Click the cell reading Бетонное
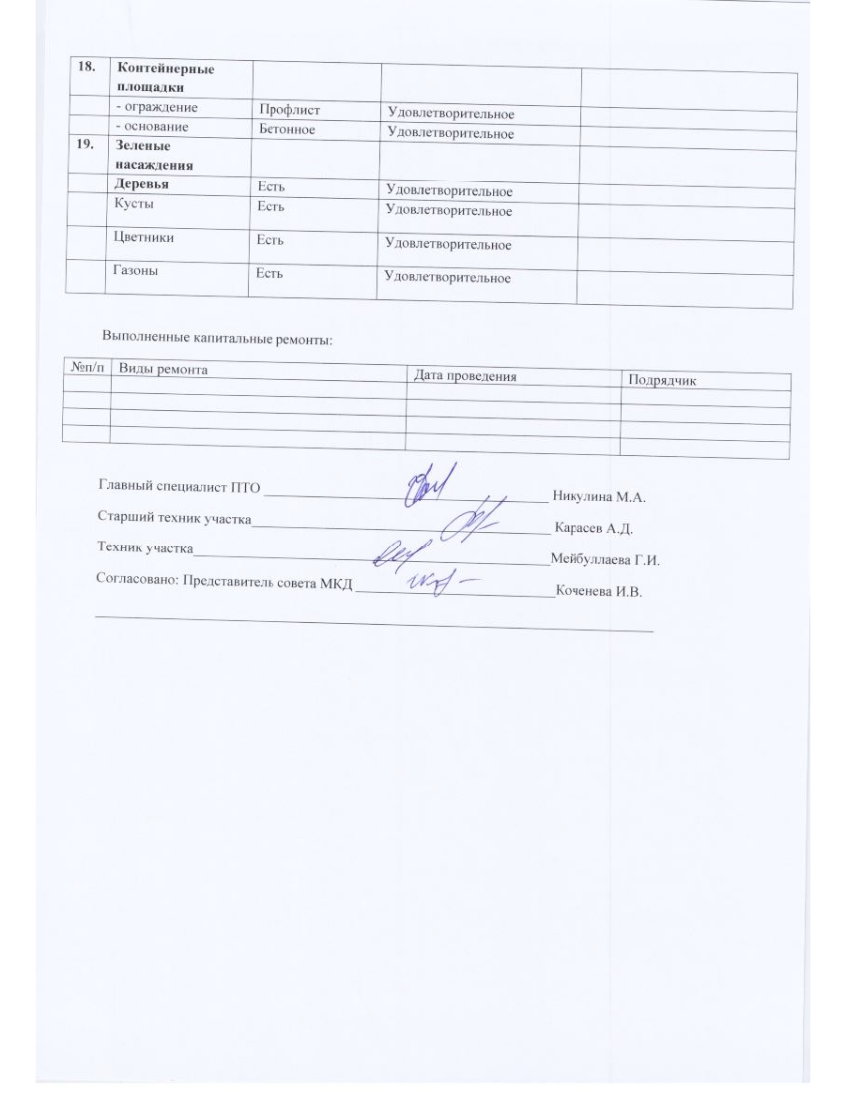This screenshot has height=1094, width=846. coord(289,129)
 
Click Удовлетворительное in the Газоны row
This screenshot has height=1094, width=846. coord(449,277)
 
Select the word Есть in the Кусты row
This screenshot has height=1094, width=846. coord(271,205)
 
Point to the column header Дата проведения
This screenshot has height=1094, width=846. coord(465,376)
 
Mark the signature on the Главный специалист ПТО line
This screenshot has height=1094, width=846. coord(430,483)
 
